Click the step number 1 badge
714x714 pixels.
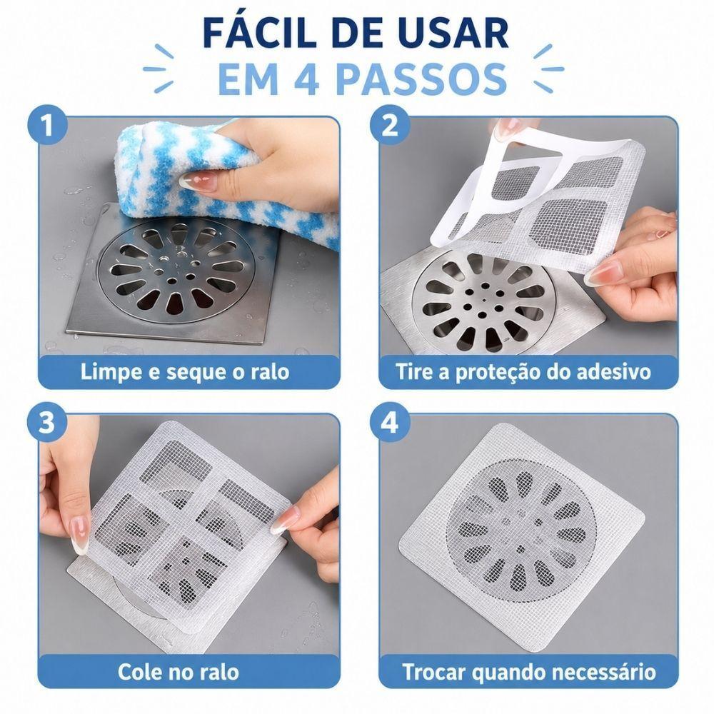coord(48,125)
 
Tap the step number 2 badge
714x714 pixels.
coord(389,125)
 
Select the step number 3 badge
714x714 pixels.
coord(47,423)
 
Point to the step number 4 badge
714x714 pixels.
coord(389,423)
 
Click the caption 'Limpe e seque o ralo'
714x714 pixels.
coord(185,372)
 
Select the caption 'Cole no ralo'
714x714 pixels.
coord(178,672)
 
